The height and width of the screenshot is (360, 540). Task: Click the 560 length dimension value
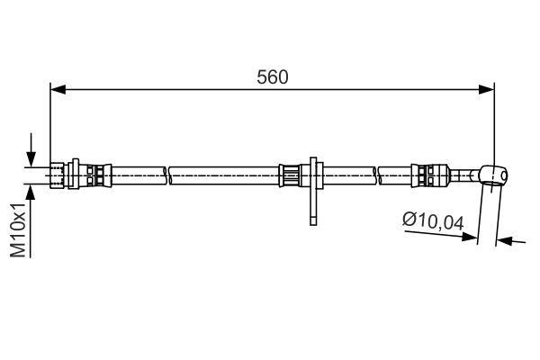tap(272, 77)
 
